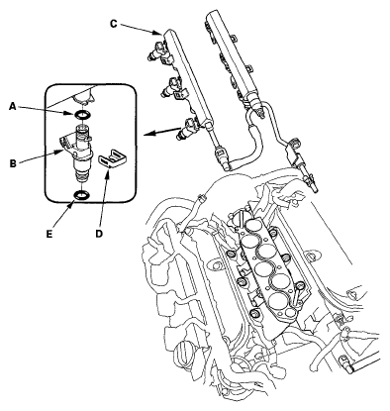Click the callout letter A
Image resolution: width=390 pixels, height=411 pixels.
[13, 106]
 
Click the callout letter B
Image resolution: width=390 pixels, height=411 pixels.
[13, 163]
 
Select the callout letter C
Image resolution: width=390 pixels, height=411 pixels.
[113, 24]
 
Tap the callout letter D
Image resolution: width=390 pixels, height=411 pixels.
[99, 234]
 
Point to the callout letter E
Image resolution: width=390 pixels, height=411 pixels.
[49, 234]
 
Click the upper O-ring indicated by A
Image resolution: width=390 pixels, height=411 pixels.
[81, 115]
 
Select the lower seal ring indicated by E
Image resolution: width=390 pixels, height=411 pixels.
[81, 195]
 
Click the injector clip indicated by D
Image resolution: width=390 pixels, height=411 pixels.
[113, 158]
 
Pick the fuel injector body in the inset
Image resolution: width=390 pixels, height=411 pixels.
[79, 153]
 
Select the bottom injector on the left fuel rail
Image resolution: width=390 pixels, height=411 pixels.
[188, 130]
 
